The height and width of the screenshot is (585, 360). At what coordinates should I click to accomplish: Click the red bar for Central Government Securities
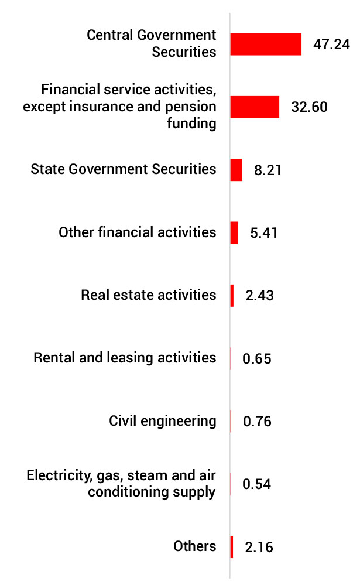click(x=266, y=44)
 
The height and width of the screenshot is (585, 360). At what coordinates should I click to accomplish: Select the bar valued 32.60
click(x=255, y=107)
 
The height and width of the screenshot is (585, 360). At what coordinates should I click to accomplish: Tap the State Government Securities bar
click(x=236, y=170)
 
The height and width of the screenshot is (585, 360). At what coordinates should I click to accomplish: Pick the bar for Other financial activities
click(x=234, y=232)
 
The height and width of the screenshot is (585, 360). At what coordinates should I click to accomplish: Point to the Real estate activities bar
click(x=232, y=296)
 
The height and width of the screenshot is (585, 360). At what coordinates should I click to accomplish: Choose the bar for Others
click(x=232, y=547)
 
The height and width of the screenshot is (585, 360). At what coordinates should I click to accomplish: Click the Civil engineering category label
click(x=163, y=420)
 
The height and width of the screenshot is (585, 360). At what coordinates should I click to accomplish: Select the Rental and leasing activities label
click(x=125, y=357)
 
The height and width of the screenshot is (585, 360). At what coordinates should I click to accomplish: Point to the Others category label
click(x=195, y=546)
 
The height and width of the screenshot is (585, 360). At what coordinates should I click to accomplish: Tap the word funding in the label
click(x=192, y=124)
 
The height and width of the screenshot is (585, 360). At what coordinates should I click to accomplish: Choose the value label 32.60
click(x=309, y=107)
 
